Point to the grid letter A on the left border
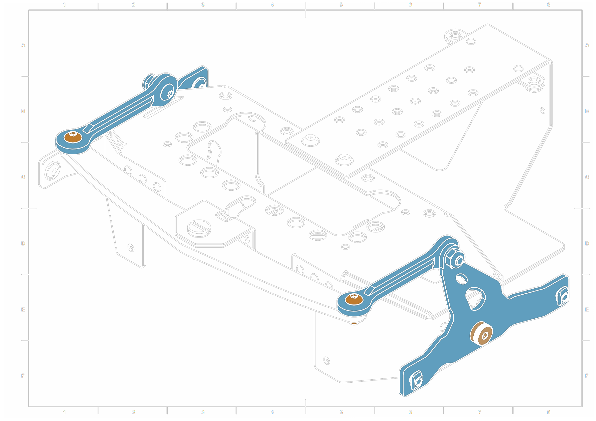point(23,45)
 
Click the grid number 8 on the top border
point(548,5)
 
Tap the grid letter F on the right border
point(587,375)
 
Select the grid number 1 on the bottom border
point(64,412)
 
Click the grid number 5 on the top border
point(341,5)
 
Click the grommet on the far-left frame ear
point(53,171)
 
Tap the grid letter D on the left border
point(23,243)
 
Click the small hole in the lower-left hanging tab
point(131,248)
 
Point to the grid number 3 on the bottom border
point(203,412)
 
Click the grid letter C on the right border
point(587,177)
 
